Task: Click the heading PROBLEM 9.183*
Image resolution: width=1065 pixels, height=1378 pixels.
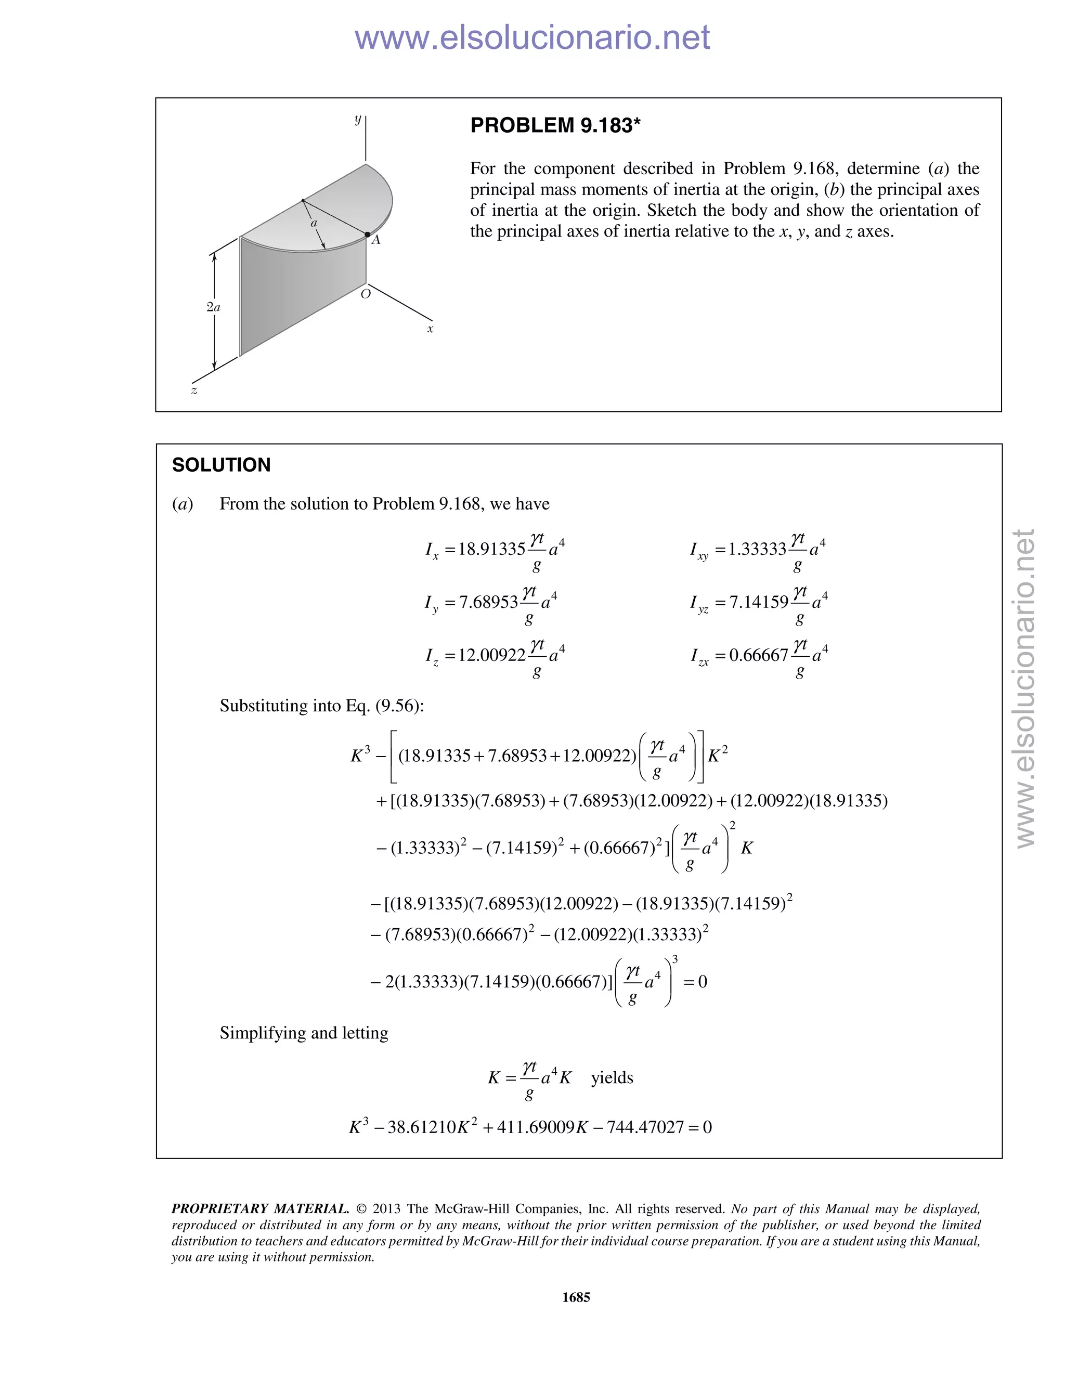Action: click(x=555, y=125)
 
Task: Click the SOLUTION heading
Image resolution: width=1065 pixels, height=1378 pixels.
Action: click(x=222, y=465)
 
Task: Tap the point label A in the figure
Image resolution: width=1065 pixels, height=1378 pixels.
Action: click(x=376, y=240)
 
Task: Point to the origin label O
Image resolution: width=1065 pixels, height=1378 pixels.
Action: click(x=365, y=294)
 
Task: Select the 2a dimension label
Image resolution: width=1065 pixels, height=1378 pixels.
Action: click(x=213, y=307)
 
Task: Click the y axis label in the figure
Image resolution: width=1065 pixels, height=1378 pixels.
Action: click(x=358, y=118)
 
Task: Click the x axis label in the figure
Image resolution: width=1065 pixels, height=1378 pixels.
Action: click(x=430, y=329)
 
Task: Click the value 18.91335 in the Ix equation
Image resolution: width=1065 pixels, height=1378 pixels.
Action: click(x=491, y=549)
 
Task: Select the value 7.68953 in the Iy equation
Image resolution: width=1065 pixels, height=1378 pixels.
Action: click(x=488, y=602)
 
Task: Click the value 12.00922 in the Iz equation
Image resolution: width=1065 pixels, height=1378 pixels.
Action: click(x=491, y=655)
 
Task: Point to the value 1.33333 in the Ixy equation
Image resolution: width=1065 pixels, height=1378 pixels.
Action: click(x=757, y=549)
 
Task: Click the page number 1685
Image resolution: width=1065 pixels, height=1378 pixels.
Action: click(x=576, y=1296)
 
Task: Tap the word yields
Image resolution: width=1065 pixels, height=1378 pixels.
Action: click(x=612, y=1077)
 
